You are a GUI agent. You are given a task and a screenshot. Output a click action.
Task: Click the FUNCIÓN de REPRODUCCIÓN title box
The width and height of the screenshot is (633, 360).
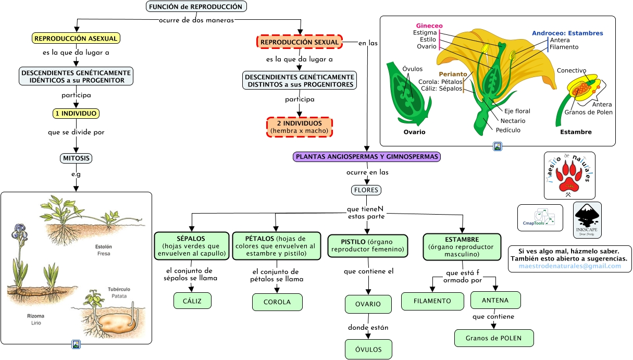[195, 7]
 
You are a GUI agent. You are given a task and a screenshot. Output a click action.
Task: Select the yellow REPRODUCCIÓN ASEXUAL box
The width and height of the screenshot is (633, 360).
[76, 38]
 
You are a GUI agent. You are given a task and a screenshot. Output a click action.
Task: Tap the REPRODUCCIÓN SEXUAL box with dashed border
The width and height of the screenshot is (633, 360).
[300, 42]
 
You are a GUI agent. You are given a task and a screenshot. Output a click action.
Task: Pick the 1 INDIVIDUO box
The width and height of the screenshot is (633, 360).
[76, 114]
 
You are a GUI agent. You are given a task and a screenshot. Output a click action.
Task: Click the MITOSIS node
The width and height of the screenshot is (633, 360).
[76, 158]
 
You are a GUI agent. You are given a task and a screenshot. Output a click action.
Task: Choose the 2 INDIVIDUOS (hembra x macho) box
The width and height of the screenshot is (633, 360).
[300, 127]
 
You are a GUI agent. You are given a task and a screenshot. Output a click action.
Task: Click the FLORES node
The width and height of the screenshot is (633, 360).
[366, 190]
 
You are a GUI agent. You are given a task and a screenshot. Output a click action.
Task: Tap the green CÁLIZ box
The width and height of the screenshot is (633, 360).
[192, 301]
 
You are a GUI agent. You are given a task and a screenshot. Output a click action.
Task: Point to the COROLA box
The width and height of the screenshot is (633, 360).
[277, 302]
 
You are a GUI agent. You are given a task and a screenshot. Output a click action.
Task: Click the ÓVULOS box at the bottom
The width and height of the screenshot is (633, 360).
[368, 349]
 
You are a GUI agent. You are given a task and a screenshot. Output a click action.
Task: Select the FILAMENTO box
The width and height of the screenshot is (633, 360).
[432, 301]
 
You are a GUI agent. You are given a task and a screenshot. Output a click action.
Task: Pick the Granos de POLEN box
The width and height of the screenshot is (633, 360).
[494, 338]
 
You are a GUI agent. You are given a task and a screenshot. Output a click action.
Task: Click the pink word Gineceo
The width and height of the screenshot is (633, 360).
[429, 26]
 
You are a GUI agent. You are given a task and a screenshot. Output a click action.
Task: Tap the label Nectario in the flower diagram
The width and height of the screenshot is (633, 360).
[513, 121]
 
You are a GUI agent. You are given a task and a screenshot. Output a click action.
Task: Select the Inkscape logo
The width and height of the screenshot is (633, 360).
[587, 220]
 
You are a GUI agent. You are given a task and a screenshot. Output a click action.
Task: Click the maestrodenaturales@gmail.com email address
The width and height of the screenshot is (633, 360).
[570, 266]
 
